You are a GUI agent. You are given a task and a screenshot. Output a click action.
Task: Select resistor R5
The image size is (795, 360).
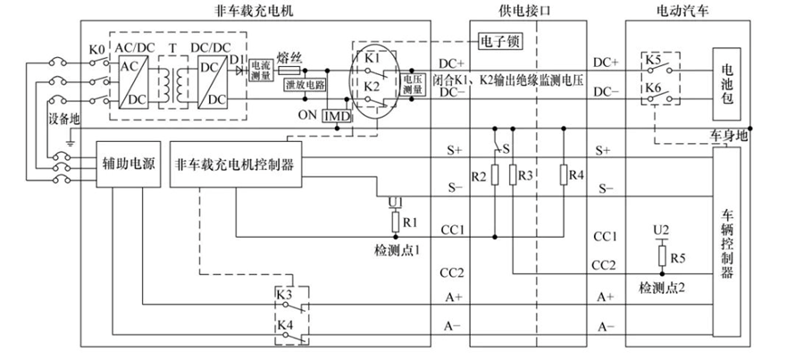(x=661, y=258)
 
